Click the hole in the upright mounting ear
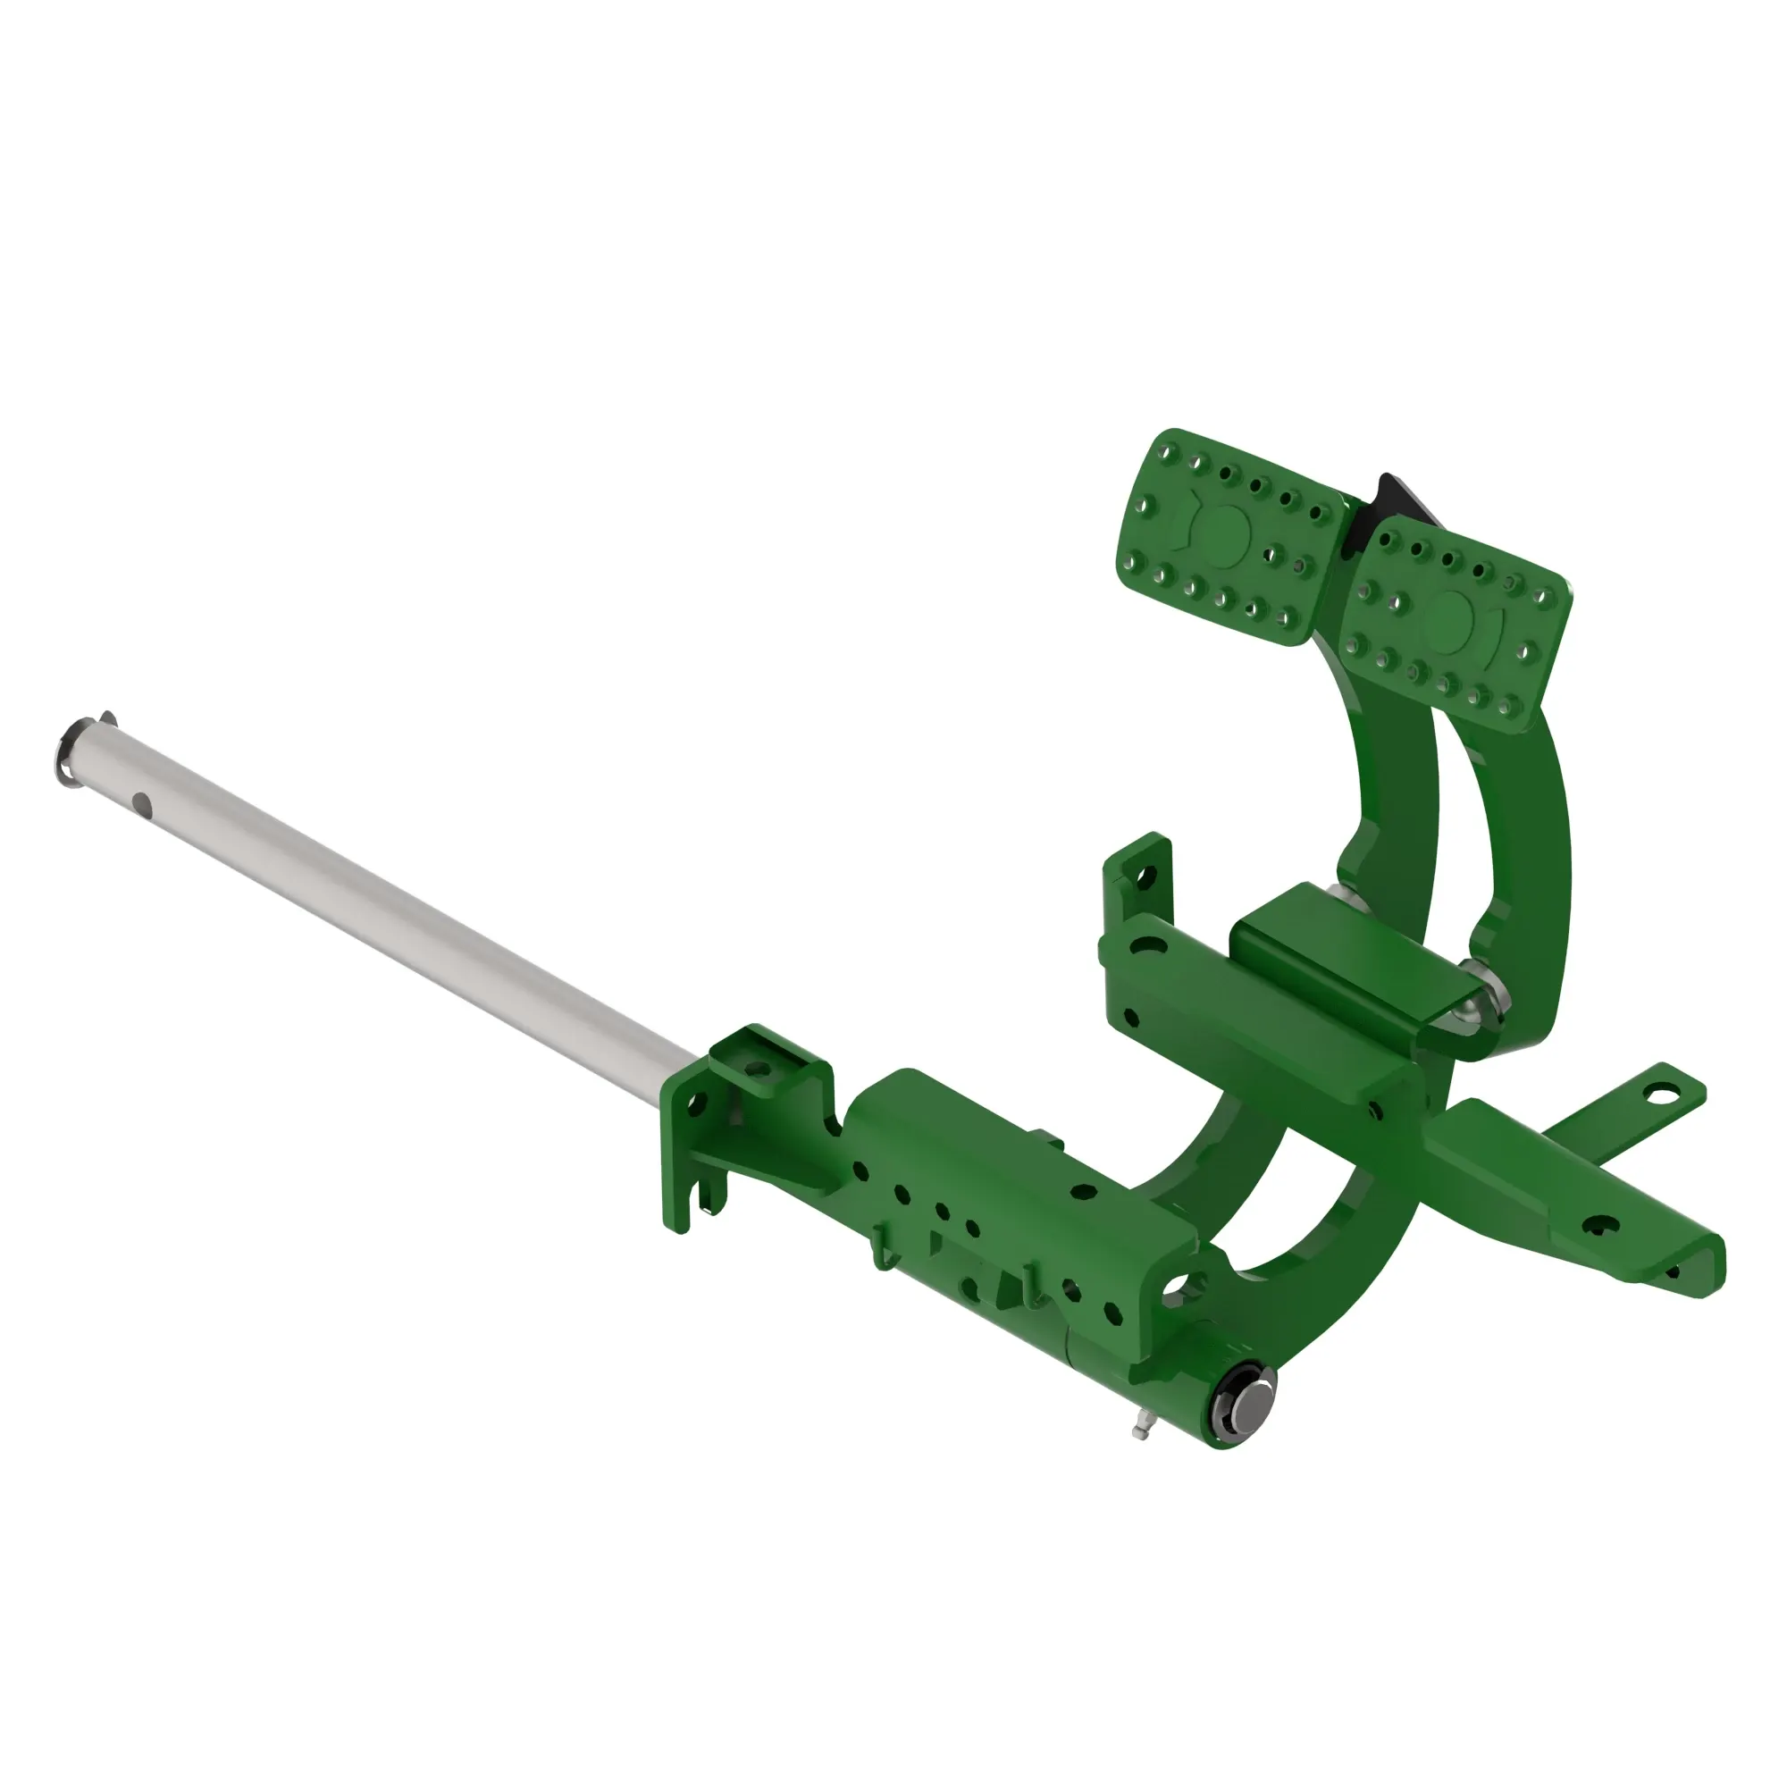coord(1148,874)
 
